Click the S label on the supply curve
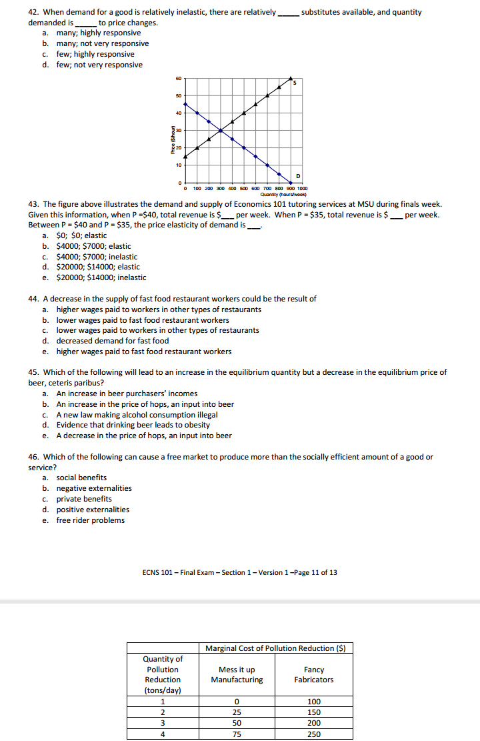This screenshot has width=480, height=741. pos(294,83)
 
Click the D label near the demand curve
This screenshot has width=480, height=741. pos(297,176)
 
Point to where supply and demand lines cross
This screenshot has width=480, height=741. pos(221,130)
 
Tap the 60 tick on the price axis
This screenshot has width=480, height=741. pos(178,78)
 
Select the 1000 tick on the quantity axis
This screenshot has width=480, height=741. pos(302,189)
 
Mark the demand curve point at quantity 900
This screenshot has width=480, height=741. pos(291,183)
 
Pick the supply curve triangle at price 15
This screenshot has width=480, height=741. pos(185,157)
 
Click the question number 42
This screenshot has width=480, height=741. pos(34,12)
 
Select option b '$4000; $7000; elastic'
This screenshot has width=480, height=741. pos(93,246)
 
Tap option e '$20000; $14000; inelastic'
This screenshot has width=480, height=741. pos(101,277)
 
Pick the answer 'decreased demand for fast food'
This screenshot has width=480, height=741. pos(112,341)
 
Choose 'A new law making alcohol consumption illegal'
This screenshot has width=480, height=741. pos(137,415)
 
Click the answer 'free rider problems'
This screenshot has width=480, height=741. pos(90,520)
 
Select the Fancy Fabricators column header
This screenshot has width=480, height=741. pos(313,674)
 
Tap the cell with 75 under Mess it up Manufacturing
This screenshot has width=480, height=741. pos(237,734)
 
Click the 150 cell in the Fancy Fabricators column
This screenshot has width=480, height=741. pos(313,712)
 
